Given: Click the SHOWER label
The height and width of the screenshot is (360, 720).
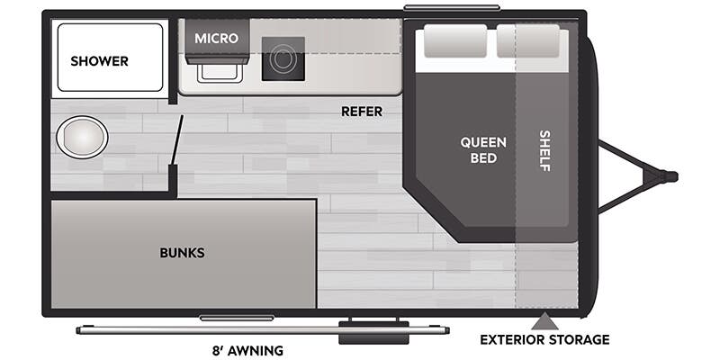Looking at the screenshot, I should [x=99, y=61].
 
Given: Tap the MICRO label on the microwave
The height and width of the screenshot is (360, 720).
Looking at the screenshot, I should [x=216, y=39].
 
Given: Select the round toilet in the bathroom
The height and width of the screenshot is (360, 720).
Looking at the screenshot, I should [x=82, y=138].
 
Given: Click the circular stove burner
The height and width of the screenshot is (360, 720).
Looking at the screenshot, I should [x=283, y=58].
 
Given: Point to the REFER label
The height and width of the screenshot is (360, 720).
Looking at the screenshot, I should [x=362, y=112].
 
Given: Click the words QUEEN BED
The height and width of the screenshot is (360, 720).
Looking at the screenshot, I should [x=483, y=150].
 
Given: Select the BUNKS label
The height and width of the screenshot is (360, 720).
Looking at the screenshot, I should [x=182, y=253].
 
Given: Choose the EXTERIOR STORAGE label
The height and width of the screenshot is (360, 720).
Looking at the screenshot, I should [x=544, y=339].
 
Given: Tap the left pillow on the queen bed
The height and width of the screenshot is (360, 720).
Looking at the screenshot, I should [x=454, y=41].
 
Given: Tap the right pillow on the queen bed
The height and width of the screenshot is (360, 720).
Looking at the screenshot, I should [x=528, y=41].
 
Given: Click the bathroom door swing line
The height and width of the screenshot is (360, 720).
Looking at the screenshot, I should [x=176, y=140].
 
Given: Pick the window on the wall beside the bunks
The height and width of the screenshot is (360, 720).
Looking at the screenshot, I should [x=236, y=318].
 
